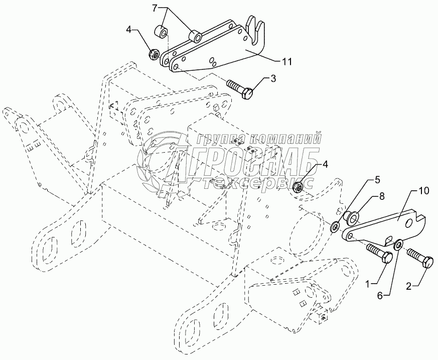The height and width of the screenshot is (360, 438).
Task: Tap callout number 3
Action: (273, 78)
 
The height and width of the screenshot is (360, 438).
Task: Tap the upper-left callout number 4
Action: (129, 30)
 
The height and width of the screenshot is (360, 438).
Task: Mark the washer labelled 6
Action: (398, 245)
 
